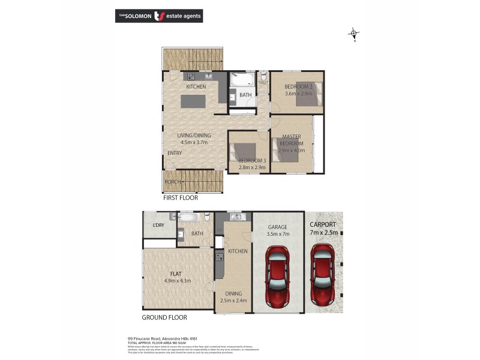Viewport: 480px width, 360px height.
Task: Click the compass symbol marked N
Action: coord(354,34)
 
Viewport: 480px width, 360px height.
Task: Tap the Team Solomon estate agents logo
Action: coord(158,16)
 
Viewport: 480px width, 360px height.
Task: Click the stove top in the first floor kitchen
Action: coord(191,77)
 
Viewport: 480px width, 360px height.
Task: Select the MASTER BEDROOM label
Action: coord(291,140)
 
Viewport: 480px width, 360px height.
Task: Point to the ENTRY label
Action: coord(175,153)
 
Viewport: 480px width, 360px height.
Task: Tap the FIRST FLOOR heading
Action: coord(181,197)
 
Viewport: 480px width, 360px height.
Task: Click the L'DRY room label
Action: coord(158,225)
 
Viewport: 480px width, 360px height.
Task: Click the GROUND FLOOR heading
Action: coord(164,317)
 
